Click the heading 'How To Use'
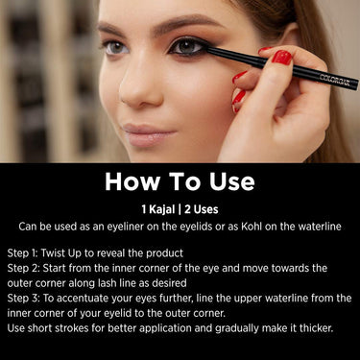(x=180, y=181)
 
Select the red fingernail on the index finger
(x=281, y=57)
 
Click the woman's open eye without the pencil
(x=115, y=47)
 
